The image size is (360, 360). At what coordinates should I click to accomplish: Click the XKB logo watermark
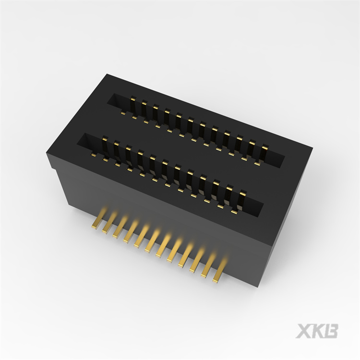(x=317, y=331)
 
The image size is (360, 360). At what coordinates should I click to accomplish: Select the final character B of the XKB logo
(x=331, y=331)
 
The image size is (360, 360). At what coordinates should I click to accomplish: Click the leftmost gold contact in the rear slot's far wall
(x=132, y=102)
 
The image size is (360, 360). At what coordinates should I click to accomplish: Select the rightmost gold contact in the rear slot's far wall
(x=263, y=151)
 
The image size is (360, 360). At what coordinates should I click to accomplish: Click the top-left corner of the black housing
(x=107, y=75)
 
